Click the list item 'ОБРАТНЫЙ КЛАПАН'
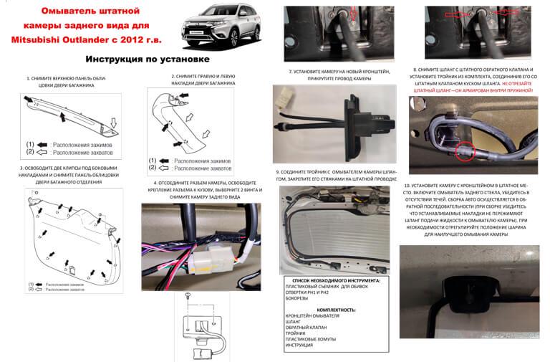pos(309,328)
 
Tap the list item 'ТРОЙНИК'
pos(298,334)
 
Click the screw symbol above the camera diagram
pos(187,295)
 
